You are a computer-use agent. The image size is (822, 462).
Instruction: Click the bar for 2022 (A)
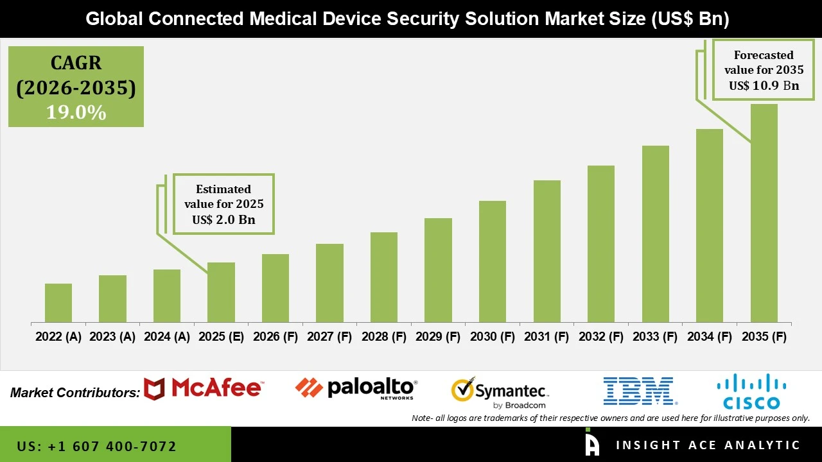coord(58,303)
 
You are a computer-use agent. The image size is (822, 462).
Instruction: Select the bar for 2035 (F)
coord(764,213)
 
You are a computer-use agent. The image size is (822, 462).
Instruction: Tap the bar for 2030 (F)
coord(493,261)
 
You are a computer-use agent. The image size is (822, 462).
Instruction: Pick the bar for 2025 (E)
coord(221,292)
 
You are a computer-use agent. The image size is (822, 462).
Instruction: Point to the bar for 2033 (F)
coord(655,234)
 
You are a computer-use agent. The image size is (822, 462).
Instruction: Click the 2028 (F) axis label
coord(384,337)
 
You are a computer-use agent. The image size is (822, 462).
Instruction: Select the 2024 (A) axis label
coord(167,337)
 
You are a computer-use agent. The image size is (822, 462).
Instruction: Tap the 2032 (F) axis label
coord(601,337)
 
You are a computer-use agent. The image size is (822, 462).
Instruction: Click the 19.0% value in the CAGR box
coord(76,112)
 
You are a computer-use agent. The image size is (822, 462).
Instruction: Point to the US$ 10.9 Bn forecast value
coord(764,85)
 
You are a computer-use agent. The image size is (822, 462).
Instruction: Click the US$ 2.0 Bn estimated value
coord(223,219)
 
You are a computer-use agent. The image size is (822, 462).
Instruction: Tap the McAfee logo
coord(203,389)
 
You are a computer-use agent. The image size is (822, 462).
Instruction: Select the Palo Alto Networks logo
coord(356,388)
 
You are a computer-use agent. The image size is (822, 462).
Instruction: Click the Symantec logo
coord(500,392)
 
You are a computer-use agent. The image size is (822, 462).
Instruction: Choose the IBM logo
coord(639,391)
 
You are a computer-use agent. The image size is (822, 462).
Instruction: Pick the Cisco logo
coord(751,392)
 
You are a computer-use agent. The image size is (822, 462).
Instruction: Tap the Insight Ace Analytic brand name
coord(708,445)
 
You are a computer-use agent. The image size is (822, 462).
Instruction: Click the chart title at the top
coord(408,19)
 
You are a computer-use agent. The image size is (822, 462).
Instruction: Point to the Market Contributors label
coord(75,393)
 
